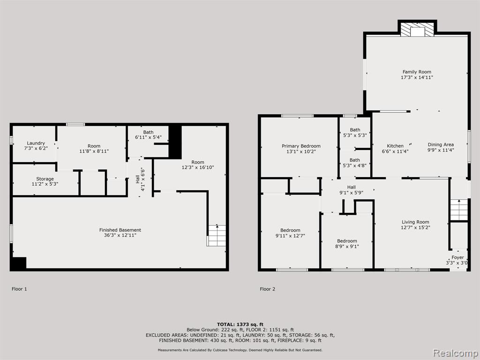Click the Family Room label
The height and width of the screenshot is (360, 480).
point(417,72)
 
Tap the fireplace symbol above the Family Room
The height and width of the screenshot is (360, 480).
point(417,30)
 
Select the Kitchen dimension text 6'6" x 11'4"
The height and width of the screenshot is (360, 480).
point(395,151)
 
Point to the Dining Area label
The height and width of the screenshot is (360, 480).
point(441,144)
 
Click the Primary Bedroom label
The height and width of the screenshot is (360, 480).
point(301,146)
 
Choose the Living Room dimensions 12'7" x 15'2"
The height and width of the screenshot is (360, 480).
point(415,227)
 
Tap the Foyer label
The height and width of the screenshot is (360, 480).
point(457,257)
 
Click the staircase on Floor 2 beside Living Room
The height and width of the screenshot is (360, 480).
point(459,210)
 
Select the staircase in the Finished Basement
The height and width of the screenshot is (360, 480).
point(217,235)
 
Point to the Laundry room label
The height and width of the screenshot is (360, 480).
point(36,143)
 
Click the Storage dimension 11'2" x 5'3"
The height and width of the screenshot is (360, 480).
point(45,184)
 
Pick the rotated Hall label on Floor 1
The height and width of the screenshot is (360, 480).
point(137,180)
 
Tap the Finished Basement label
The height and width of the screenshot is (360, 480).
point(120,230)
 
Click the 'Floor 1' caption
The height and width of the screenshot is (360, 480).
point(19,289)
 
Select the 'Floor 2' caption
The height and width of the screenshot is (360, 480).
point(268,289)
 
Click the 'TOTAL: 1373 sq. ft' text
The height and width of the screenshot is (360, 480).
point(240,324)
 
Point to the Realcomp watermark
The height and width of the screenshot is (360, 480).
point(455,352)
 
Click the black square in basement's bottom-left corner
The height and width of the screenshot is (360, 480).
point(18,263)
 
